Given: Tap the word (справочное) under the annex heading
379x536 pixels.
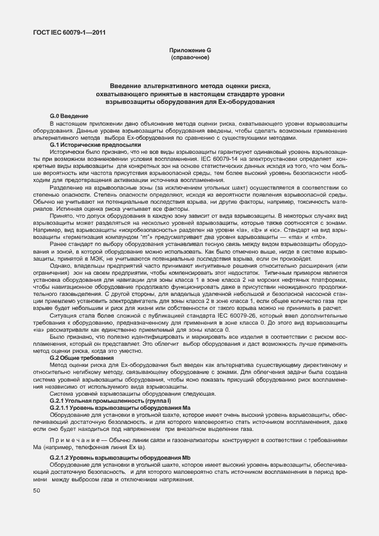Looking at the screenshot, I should [x=189, y=58].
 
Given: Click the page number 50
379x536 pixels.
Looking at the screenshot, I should [x=36, y=490].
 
